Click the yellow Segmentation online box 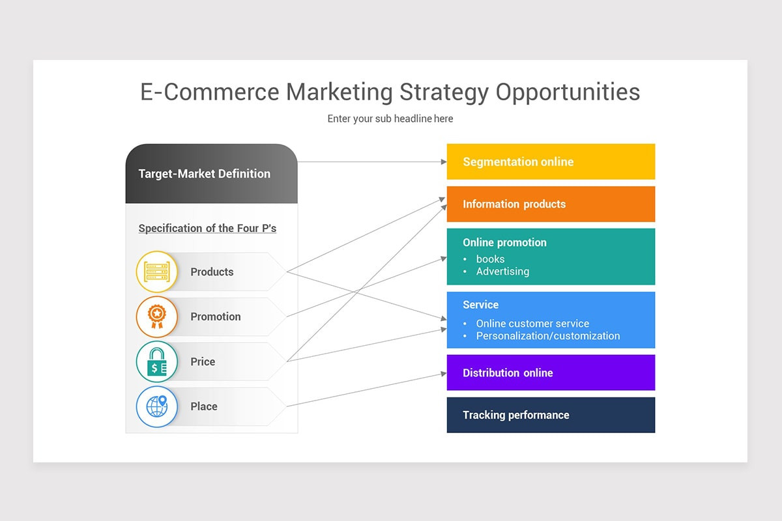coord(551,162)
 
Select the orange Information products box coord(551,204)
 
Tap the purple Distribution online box coord(551,373)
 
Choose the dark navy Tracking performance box coord(551,415)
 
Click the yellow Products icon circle coord(156,272)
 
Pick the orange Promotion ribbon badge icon coord(156,317)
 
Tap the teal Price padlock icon coord(156,361)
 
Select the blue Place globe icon coord(156,406)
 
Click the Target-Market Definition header coord(205,174)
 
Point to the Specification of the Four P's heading coord(207,229)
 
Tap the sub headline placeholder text coord(390,119)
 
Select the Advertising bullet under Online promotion coord(502,272)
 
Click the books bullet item coord(490,259)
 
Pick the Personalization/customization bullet coord(548,336)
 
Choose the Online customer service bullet coord(532,324)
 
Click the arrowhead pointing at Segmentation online coord(442,162)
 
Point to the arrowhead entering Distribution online coord(442,373)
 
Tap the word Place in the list coord(204,406)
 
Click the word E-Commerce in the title coord(209,92)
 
